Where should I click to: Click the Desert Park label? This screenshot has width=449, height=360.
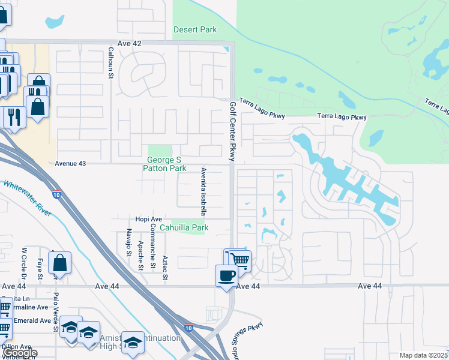pyautogui.click(x=194, y=29)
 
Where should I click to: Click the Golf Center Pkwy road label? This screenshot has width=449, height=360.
pyautogui.click(x=233, y=131)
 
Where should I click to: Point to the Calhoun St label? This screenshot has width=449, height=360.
pyautogui.click(x=111, y=63)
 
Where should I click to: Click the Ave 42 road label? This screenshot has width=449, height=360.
pyautogui.click(x=130, y=44)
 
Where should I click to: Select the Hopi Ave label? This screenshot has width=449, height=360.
pyautogui.click(x=149, y=220)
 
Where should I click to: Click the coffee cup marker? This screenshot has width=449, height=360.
pyautogui.click(x=226, y=275)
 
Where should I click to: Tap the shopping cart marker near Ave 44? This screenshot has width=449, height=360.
pyautogui.click(x=239, y=260)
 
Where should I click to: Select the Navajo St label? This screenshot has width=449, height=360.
pyautogui.click(x=128, y=242)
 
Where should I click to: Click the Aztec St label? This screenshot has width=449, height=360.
pyautogui.click(x=164, y=268)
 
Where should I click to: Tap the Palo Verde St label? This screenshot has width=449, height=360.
pyautogui.click(x=56, y=313)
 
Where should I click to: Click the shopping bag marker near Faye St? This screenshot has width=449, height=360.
pyautogui.click(x=60, y=262)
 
